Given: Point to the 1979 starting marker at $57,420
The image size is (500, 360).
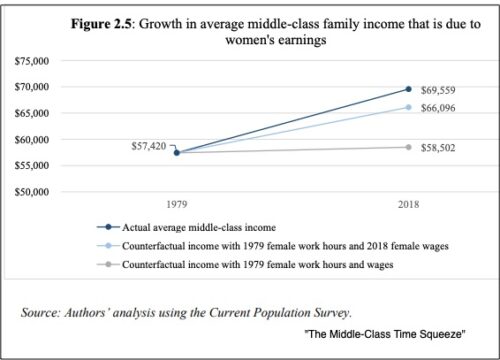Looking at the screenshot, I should click(177, 152).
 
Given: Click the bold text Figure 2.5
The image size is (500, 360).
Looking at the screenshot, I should click(108, 23).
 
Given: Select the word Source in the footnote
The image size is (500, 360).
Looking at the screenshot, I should click(44, 313).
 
